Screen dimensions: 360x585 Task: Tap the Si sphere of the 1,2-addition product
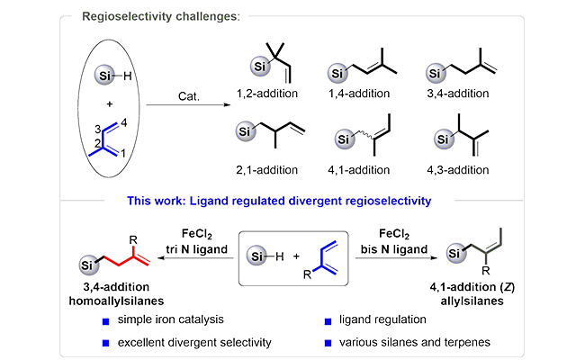pos(256,64)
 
